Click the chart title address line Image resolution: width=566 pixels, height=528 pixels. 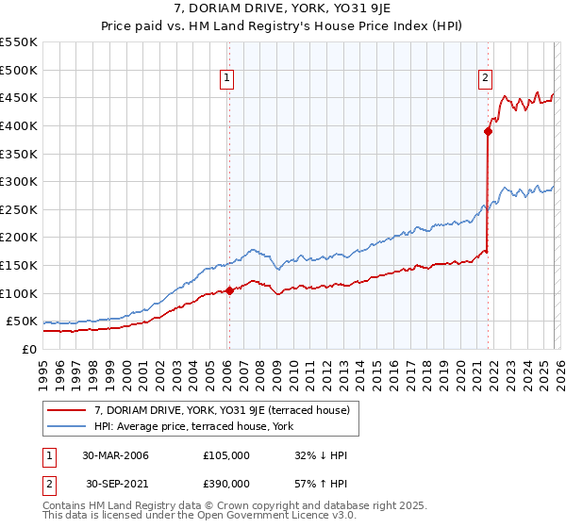(282, 10)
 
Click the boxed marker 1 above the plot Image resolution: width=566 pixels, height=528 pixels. (228, 79)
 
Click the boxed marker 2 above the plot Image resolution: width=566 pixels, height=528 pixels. (485, 79)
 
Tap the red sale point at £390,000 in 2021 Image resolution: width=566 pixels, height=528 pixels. (488, 132)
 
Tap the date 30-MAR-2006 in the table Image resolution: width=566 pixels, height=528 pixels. (115, 455)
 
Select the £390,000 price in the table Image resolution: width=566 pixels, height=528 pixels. (226, 483)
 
